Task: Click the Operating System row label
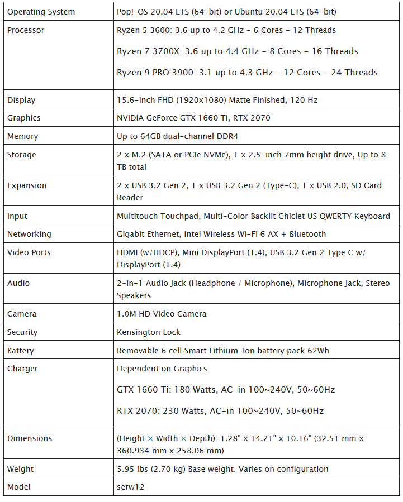point(41,12)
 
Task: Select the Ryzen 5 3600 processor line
point(226,30)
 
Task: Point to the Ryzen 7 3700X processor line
point(237,51)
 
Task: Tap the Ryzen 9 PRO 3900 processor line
point(247,73)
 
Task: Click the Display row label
point(21,100)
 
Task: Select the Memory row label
point(22,136)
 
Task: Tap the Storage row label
point(22,155)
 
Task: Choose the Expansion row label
point(27,185)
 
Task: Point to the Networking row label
point(29,234)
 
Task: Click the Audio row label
point(18,283)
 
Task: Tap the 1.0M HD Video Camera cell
point(162,314)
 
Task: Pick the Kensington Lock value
point(149,332)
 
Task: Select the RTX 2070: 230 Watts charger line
point(220,411)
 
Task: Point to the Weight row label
point(21,468)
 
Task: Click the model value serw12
point(130,487)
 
